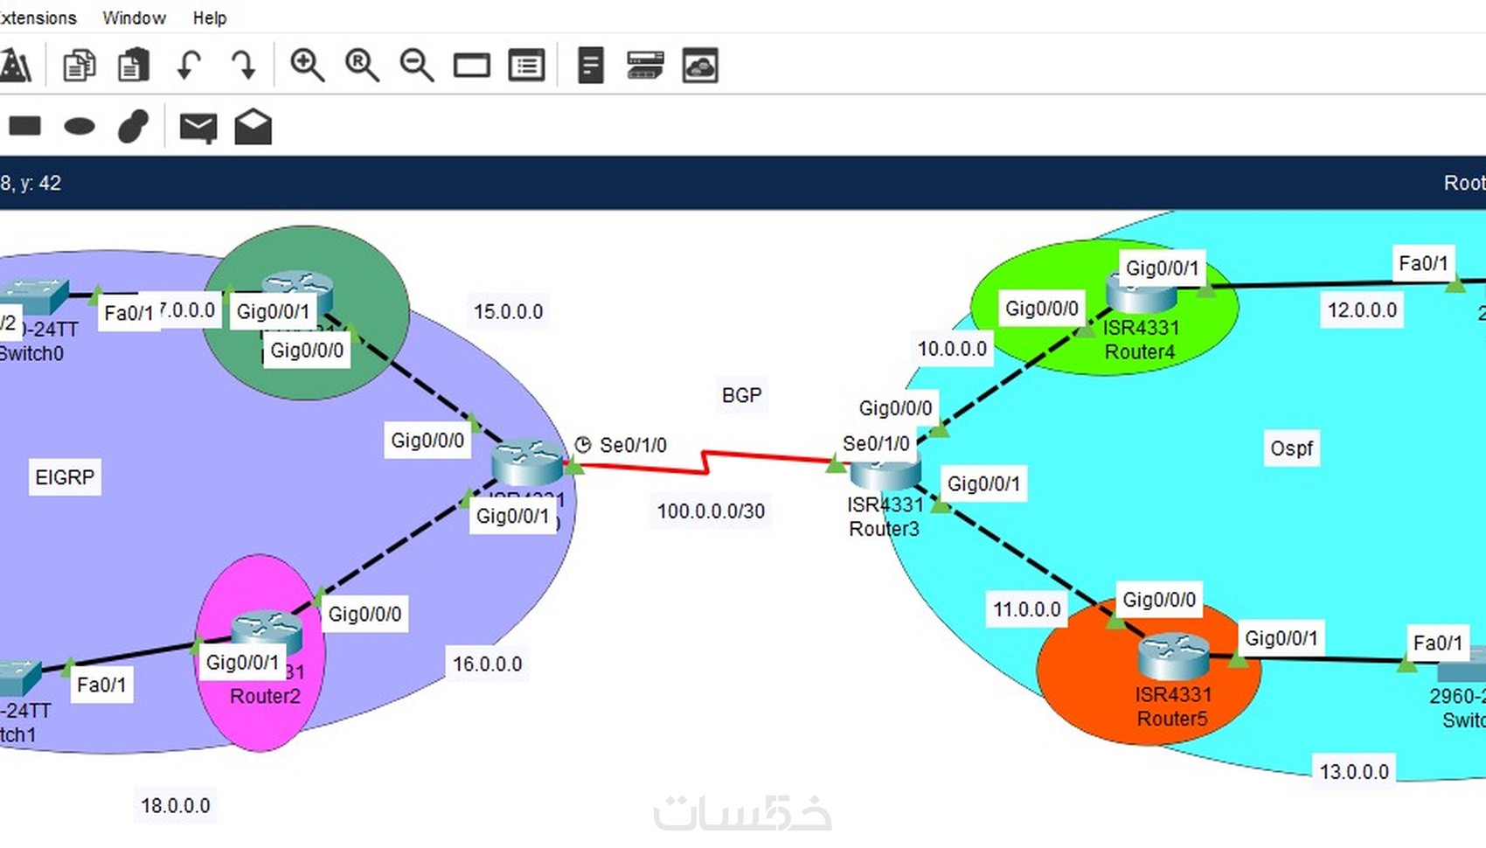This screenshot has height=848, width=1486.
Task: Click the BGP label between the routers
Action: tap(741, 395)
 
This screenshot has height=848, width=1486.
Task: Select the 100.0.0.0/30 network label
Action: tap(711, 511)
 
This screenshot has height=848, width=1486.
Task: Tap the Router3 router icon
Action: tap(885, 472)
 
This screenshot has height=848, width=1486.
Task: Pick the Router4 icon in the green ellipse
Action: tap(1141, 293)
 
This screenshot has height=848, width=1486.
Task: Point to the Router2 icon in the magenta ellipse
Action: tap(266, 631)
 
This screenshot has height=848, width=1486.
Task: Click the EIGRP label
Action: tap(65, 477)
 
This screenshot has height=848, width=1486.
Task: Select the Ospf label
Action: tap(1291, 448)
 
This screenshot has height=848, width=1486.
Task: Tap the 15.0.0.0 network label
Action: tap(508, 312)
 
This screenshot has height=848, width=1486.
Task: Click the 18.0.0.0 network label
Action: tap(176, 805)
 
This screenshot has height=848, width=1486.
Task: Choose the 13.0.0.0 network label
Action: tap(1353, 772)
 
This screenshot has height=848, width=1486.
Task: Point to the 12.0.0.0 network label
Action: tap(1362, 310)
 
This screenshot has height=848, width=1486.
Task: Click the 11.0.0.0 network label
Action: tap(1026, 609)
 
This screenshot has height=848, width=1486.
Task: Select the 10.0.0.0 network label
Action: tap(951, 349)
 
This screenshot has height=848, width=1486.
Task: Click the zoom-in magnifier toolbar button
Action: tap(307, 66)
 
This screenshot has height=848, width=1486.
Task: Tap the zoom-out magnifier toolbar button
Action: tap(416, 66)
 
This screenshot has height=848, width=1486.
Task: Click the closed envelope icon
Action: tap(198, 128)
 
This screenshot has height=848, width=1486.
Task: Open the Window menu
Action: tap(134, 17)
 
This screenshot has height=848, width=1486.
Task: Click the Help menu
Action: tap(210, 17)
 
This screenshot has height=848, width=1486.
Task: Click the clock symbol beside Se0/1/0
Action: tap(583, 445)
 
